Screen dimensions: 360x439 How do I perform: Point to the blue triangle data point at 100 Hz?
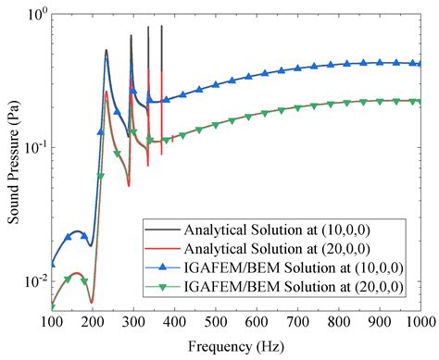[52, 264]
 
